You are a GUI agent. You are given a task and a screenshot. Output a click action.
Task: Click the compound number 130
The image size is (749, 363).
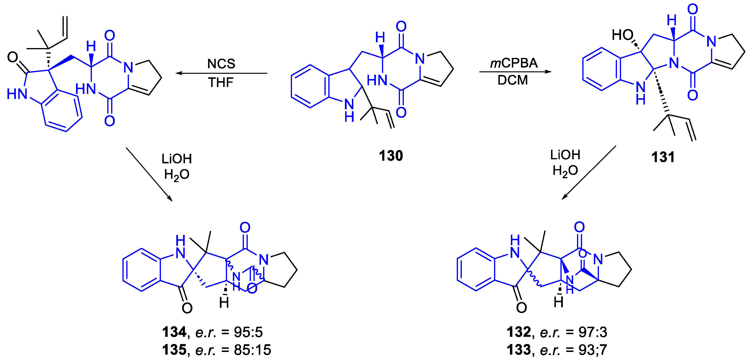click(391, 156)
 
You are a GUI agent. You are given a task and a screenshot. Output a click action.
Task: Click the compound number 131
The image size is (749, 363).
click(663, 157)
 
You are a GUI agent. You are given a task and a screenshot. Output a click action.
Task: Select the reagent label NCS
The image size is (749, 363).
click(221, 64)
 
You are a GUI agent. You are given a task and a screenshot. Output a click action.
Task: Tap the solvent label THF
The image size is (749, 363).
click(221, 82)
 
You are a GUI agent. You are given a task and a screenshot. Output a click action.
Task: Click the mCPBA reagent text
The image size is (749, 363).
click(514, 63)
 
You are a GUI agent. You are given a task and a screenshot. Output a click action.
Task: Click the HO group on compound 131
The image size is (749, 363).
click(622, 35)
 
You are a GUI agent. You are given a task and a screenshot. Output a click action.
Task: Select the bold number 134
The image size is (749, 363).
click(174, 332)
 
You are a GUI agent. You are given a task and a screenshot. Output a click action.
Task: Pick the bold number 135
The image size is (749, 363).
click(174, 350)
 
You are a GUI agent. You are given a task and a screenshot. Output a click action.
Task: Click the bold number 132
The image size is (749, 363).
click(519, 332)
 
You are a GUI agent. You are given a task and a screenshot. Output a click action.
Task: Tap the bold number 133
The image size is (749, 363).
click(519, 350)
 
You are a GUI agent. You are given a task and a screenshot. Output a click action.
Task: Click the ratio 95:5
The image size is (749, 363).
click(248, 332)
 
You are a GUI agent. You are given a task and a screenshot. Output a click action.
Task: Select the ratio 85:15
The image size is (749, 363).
click(252, 350)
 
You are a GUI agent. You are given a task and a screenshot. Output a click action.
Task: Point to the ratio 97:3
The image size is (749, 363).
click(593, 332)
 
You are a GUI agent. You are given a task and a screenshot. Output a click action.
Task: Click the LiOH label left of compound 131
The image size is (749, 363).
click(565, 155)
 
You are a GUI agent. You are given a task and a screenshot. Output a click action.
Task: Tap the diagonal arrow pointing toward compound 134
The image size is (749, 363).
click(149, 174)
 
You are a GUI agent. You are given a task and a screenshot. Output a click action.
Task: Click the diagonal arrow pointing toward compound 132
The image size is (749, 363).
click(589, 173)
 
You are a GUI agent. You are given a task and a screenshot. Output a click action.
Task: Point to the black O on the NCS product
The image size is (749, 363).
click(13, 57)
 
